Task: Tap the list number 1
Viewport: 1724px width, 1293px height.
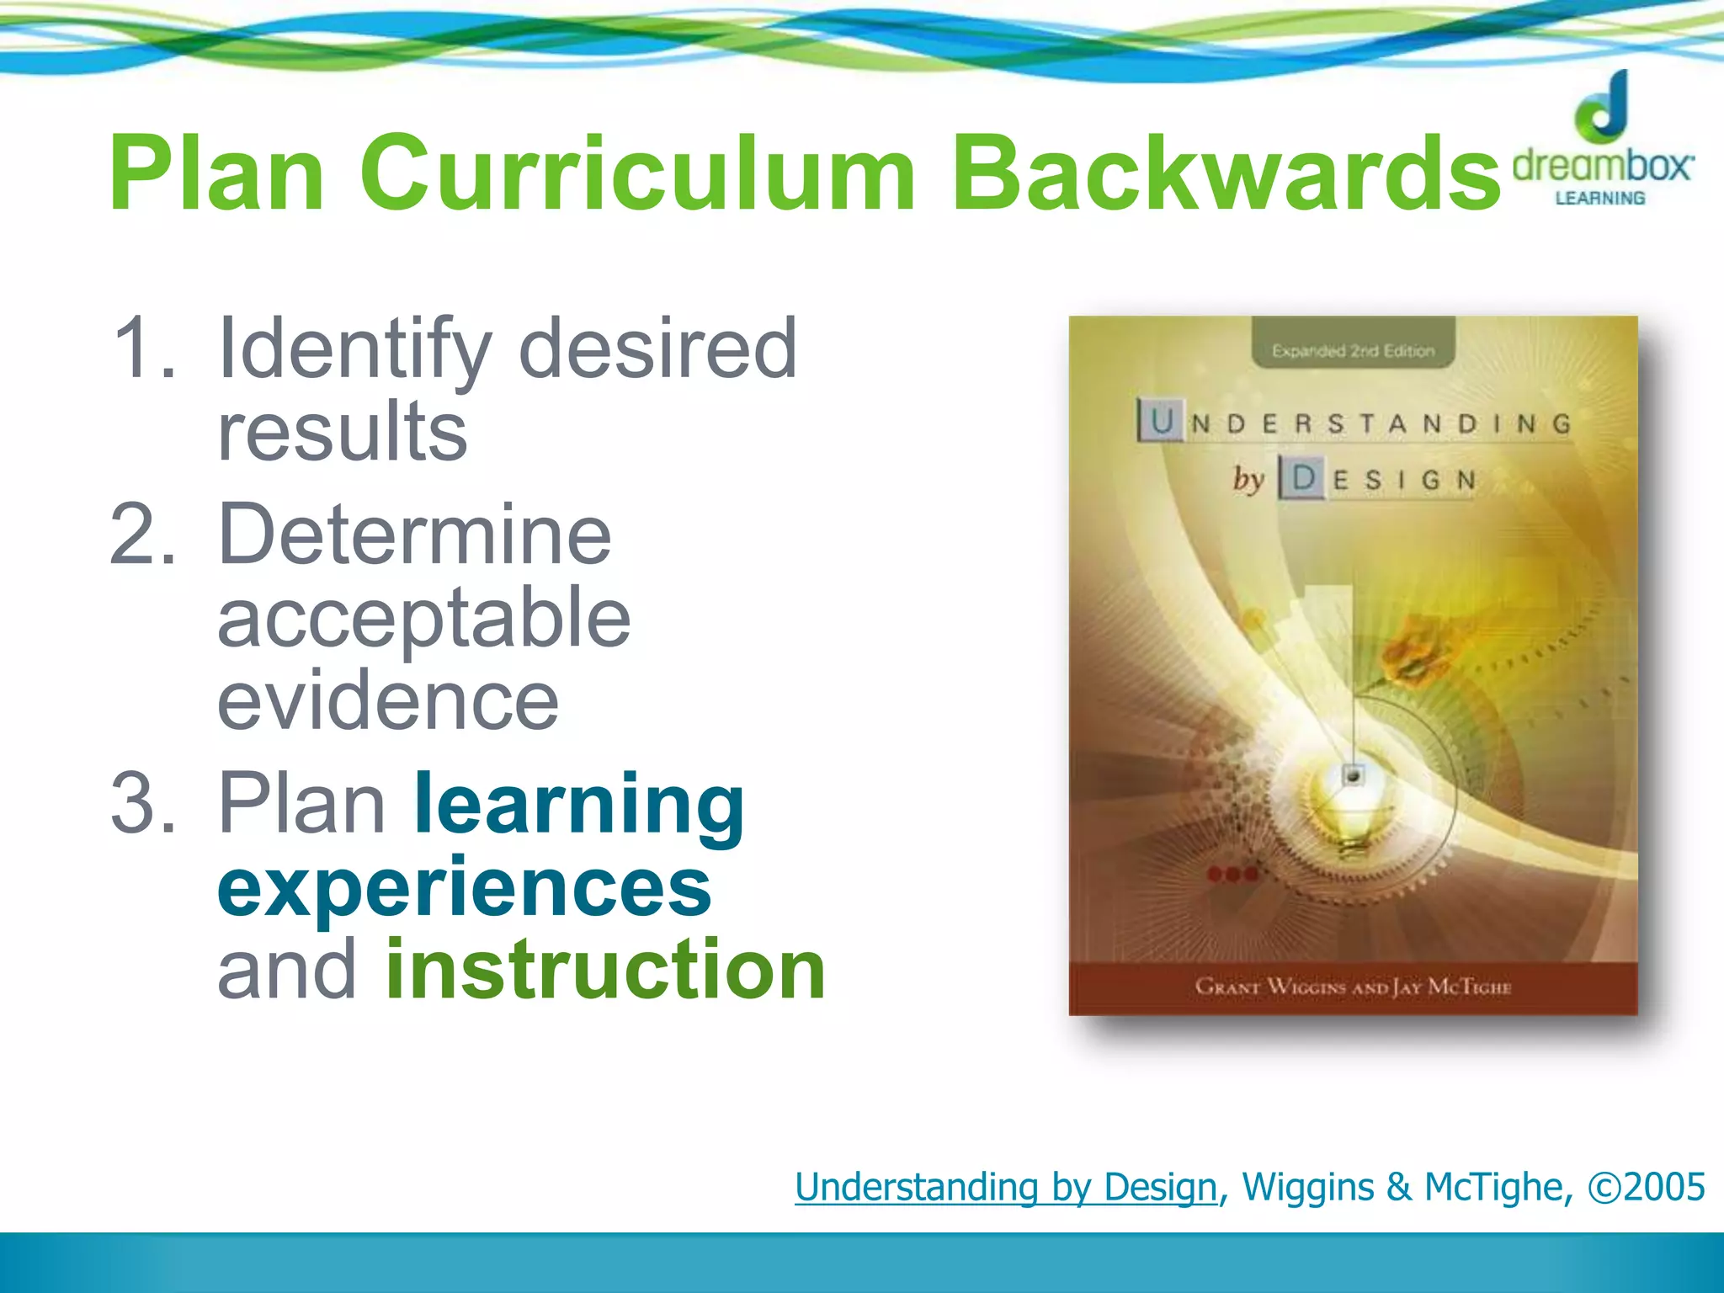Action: pos(143,348)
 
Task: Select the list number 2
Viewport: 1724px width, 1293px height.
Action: pos(143,535)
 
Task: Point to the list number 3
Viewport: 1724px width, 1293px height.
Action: pos(143,804)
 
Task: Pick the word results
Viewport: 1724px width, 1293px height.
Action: pos(342,431)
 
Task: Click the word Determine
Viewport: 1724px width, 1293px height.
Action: pos(414,535)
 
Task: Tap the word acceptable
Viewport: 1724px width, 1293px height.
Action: pos(423,619)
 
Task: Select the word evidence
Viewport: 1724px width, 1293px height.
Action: pos(388,701)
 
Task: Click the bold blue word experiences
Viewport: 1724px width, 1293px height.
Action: pos(465,888)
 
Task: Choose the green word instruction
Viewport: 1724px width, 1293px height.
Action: pos(605,970)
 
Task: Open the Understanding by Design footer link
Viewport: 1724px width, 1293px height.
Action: pos(1006,1187)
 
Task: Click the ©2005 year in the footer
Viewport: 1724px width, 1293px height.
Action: pos(1646,1187)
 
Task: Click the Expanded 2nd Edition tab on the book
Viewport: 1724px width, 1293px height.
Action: pos(1353,349)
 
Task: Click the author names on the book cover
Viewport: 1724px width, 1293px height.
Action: pos(1353,986)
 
